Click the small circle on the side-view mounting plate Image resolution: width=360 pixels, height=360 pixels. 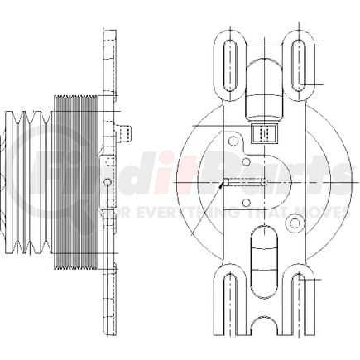107,182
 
